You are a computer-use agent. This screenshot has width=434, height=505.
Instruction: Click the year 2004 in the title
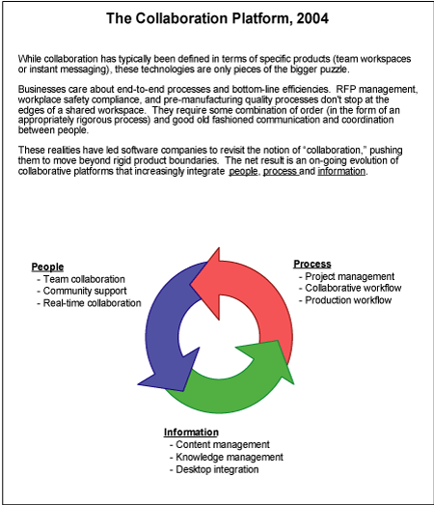point(312,18)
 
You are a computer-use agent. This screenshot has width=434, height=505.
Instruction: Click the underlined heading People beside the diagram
point(47,267)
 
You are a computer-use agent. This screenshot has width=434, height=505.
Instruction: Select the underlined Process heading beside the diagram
point(312,264)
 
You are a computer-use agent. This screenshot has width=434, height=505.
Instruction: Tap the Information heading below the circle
point(191,432)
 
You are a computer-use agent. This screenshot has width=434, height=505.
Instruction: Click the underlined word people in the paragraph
point(243,171)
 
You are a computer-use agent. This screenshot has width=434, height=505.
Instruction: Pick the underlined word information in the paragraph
point(341,171)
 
